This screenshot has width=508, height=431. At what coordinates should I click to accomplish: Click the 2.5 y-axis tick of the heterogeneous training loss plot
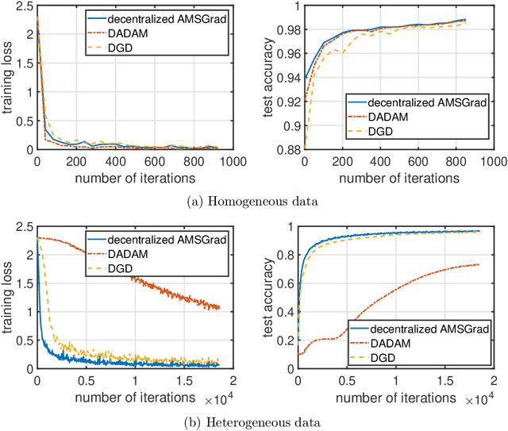(21, 226)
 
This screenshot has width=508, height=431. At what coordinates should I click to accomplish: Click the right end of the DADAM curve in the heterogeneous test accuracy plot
(479, 264)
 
